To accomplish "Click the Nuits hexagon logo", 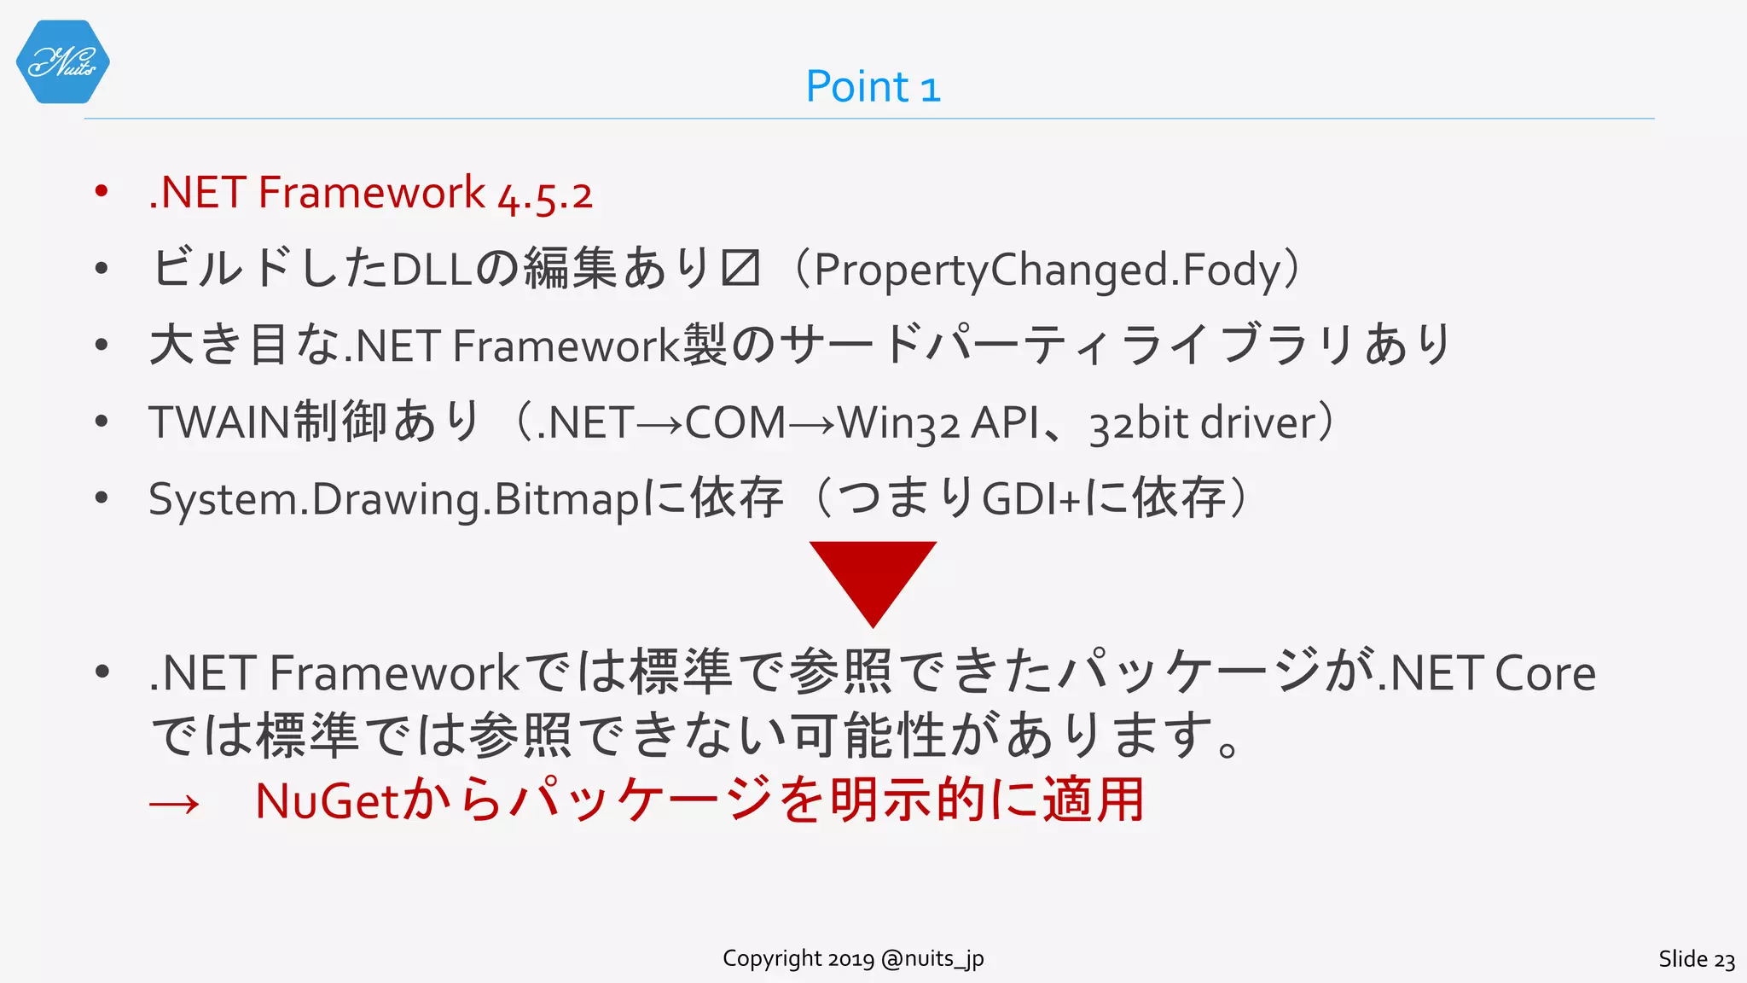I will [62, 61].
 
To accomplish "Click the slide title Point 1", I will [873, 87].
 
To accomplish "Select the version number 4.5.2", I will [545, 195].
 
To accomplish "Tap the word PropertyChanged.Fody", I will [1048, 270].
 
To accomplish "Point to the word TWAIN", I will [219, 422].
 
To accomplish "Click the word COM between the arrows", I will [734, 422].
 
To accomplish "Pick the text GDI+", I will [1031, 500].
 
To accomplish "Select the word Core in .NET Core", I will [1545, 674].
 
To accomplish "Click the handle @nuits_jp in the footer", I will [932, 959].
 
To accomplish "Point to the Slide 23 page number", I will [1696, 959].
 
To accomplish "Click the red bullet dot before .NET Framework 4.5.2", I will [102, 191].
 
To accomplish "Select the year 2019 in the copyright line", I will [850, 959].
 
